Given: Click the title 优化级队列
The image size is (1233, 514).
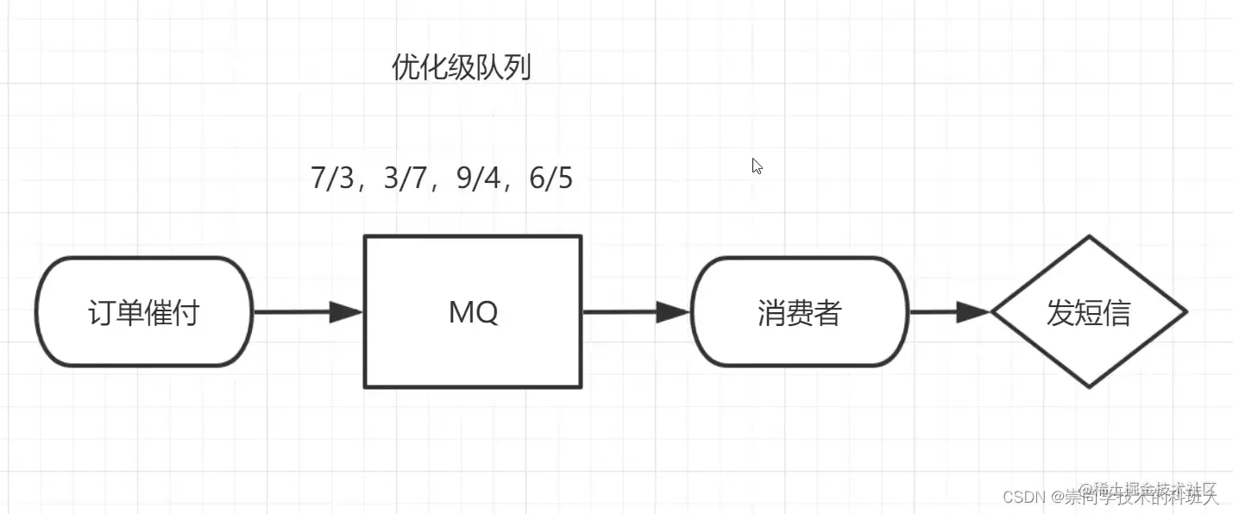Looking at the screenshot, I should click(x=461, y=67).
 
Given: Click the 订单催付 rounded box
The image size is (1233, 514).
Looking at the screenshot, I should click(x=144, y=312).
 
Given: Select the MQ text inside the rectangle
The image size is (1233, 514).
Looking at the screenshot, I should click(x=473, y=312).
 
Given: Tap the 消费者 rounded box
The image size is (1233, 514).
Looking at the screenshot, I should click(x=800, y=312).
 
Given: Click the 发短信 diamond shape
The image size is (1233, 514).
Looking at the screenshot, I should click(x=1089, y=312).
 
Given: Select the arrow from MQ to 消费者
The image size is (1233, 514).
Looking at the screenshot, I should click(x=637, y=312).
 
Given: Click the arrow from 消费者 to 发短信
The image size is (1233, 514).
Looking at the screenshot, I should click(x=950, y=312).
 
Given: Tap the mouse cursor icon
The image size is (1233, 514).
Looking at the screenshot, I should click(x=757, y=166).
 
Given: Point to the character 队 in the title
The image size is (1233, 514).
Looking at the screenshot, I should click(x=488, y=67).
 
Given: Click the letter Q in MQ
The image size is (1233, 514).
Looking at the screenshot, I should click(x=487, y=312).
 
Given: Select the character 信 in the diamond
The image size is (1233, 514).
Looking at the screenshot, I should click(x=1117, y=312).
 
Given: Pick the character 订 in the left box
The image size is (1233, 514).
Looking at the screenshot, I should click(x=103, y=312).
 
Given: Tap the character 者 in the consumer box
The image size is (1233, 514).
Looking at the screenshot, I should click(x=827, y=312).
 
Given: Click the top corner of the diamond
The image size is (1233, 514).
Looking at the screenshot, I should click(x=1089, y=237).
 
